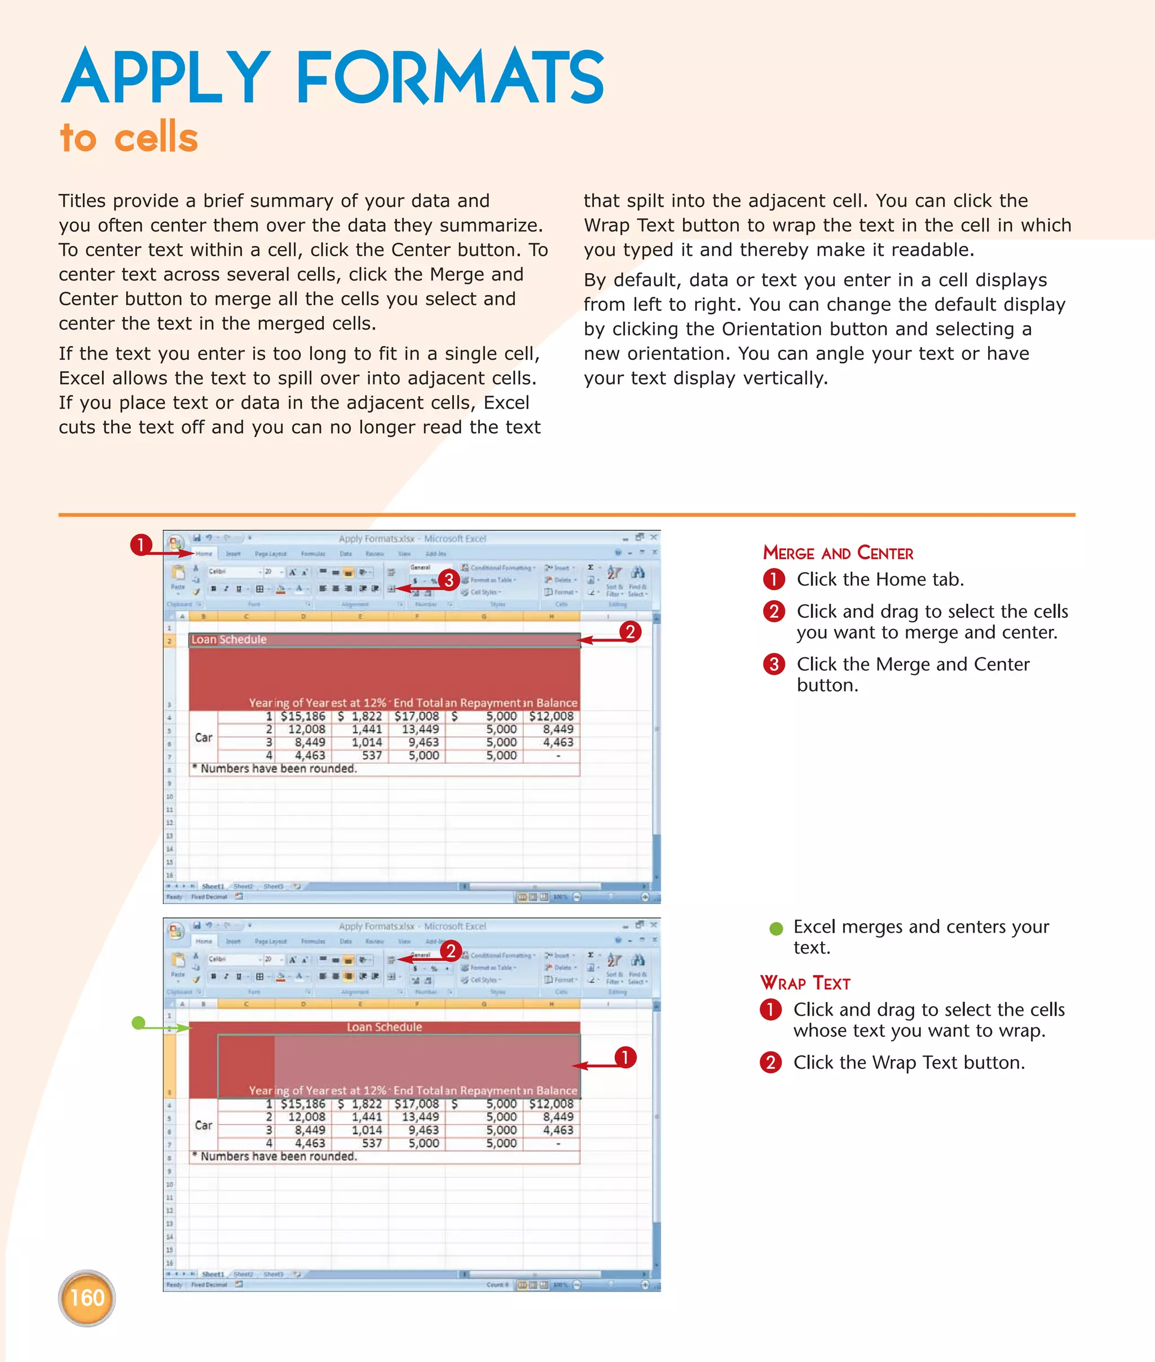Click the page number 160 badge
click(86, 1298)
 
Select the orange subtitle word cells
click(156, 138)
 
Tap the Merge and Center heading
click(837, 553)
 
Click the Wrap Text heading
click(805, 983)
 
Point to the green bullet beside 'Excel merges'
click(776, 928)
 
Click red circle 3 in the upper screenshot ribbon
click(448, 580)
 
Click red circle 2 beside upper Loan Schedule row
click(630, 631)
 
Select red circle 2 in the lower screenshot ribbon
click(451, 951)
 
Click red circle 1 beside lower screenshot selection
click(625, 1057)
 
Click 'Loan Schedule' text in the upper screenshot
click(229, 639)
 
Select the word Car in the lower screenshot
click(204, 1125)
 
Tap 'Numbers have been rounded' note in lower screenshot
click(278, 1156)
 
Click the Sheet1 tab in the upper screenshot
click(212, 886)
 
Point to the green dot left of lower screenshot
click(138, 1023)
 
